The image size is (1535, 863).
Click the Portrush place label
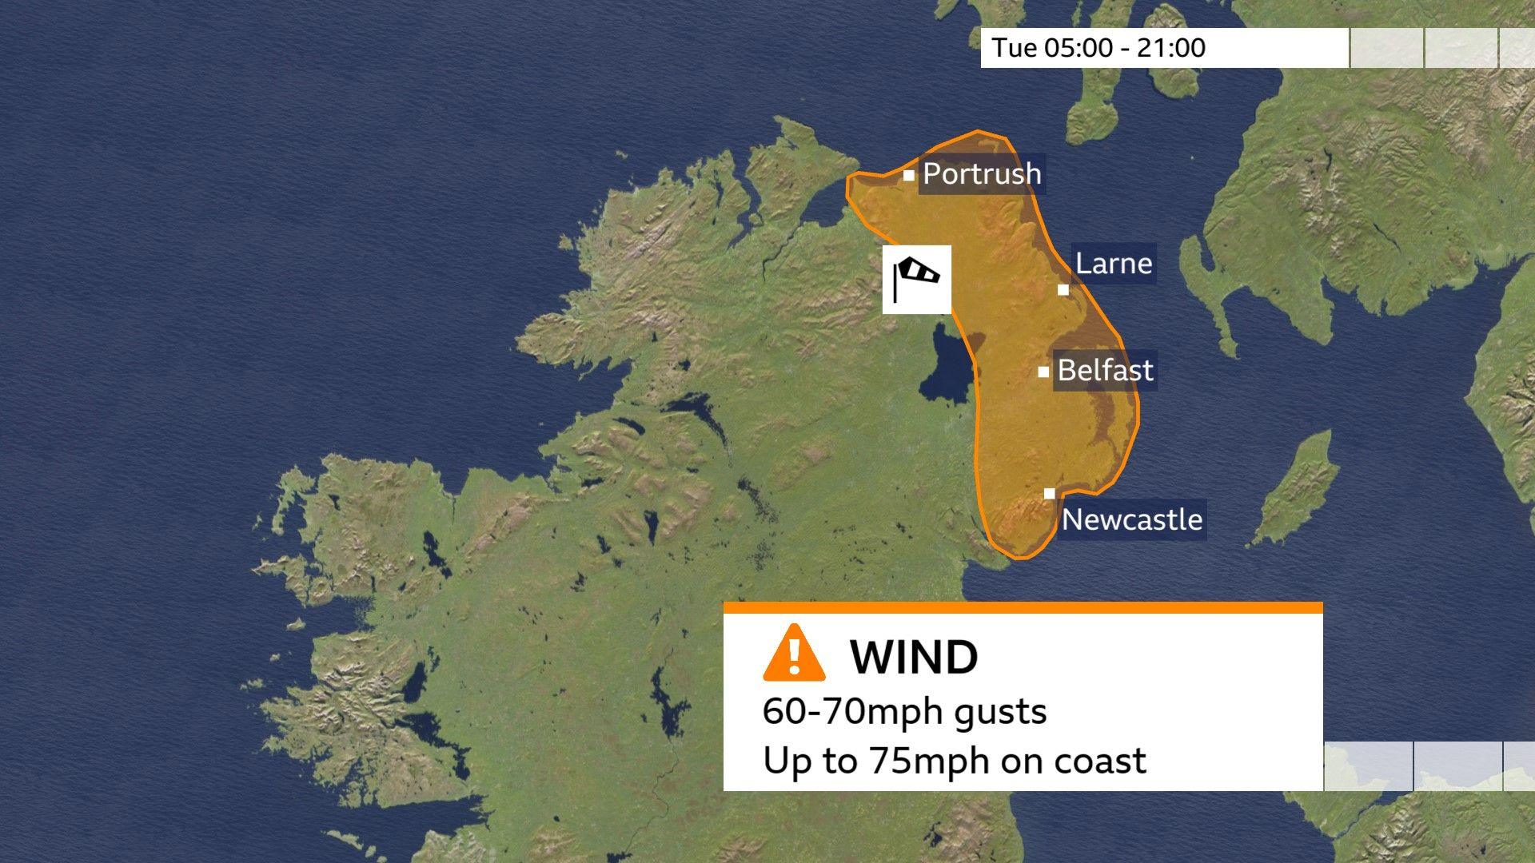982,174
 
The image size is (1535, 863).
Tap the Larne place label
1114,264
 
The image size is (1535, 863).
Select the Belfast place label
1105,371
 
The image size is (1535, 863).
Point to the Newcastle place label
1131,520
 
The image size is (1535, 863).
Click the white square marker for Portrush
909,175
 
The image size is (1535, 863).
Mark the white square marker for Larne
1063,289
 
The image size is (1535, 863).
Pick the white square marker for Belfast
1043,372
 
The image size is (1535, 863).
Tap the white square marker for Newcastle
1050,494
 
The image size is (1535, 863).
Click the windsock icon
917,280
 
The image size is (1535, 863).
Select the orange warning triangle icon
794,654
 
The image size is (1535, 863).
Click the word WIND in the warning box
914,658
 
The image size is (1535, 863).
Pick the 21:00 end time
1173,48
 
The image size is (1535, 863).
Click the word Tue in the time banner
1015,48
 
